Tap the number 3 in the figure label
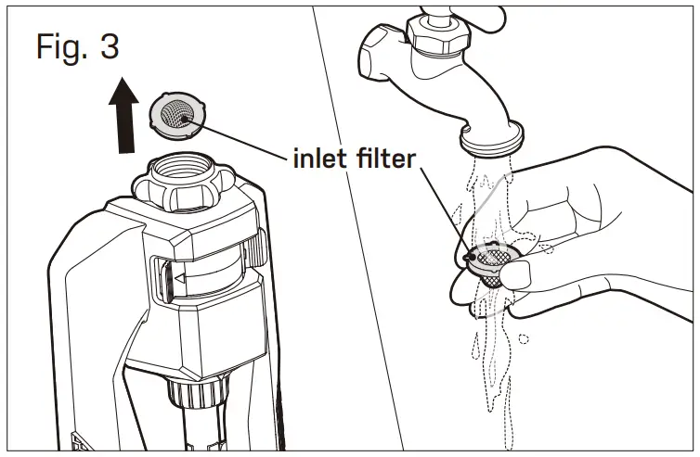[x=109, y=45]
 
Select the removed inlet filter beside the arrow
[x=174, y=114]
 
